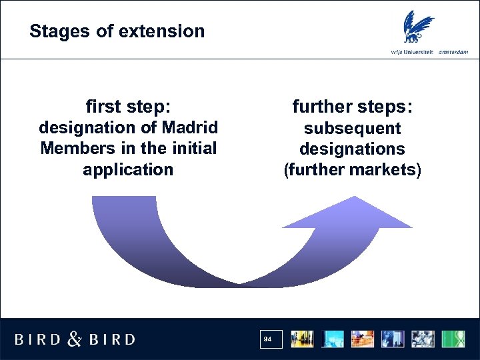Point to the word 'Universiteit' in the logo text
[417, 52]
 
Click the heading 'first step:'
[128, 107]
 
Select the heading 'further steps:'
[353, 107]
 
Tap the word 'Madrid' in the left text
[189, 127]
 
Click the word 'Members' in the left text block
[73, 148]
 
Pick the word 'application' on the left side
[128, 169]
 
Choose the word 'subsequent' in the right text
[353, 128]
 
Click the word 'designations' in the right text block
[353, 149]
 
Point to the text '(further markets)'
[353, 170]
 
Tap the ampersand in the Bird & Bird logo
[75, 339]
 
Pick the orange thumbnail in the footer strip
[363, 339]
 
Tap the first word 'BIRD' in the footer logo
[39, 339]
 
